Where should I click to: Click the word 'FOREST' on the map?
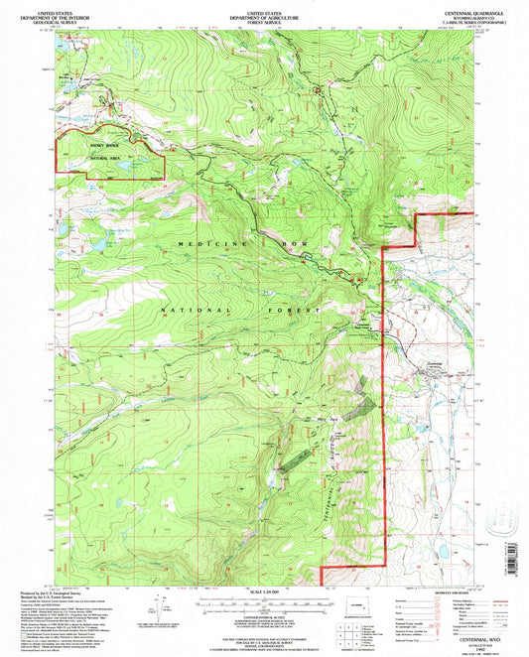coord(297,311)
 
